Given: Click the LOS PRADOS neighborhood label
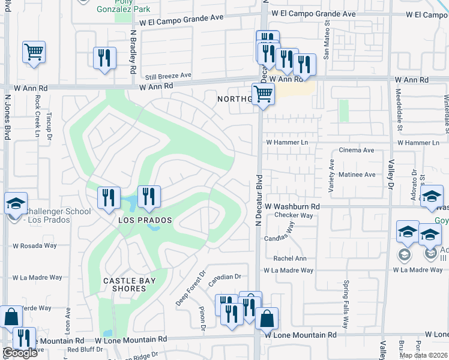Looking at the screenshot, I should [145, 220].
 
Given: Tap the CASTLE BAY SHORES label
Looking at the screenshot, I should [129, 284].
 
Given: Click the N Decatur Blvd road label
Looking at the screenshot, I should [259, 200].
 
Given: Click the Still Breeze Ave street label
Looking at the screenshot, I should [168, 76].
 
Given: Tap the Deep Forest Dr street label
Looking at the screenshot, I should [190, 289].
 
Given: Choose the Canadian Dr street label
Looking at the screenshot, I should [224, 277].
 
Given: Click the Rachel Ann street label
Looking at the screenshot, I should [290, 259].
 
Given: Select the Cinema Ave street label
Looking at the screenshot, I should [356, 150].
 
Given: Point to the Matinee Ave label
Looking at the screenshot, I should [357, 175].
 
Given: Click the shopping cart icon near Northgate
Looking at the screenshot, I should [263, 94].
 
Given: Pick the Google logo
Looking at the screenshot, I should [20, 353].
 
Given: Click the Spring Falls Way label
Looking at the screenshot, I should [346, 304].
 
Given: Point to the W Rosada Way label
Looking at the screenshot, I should [35, 245].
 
